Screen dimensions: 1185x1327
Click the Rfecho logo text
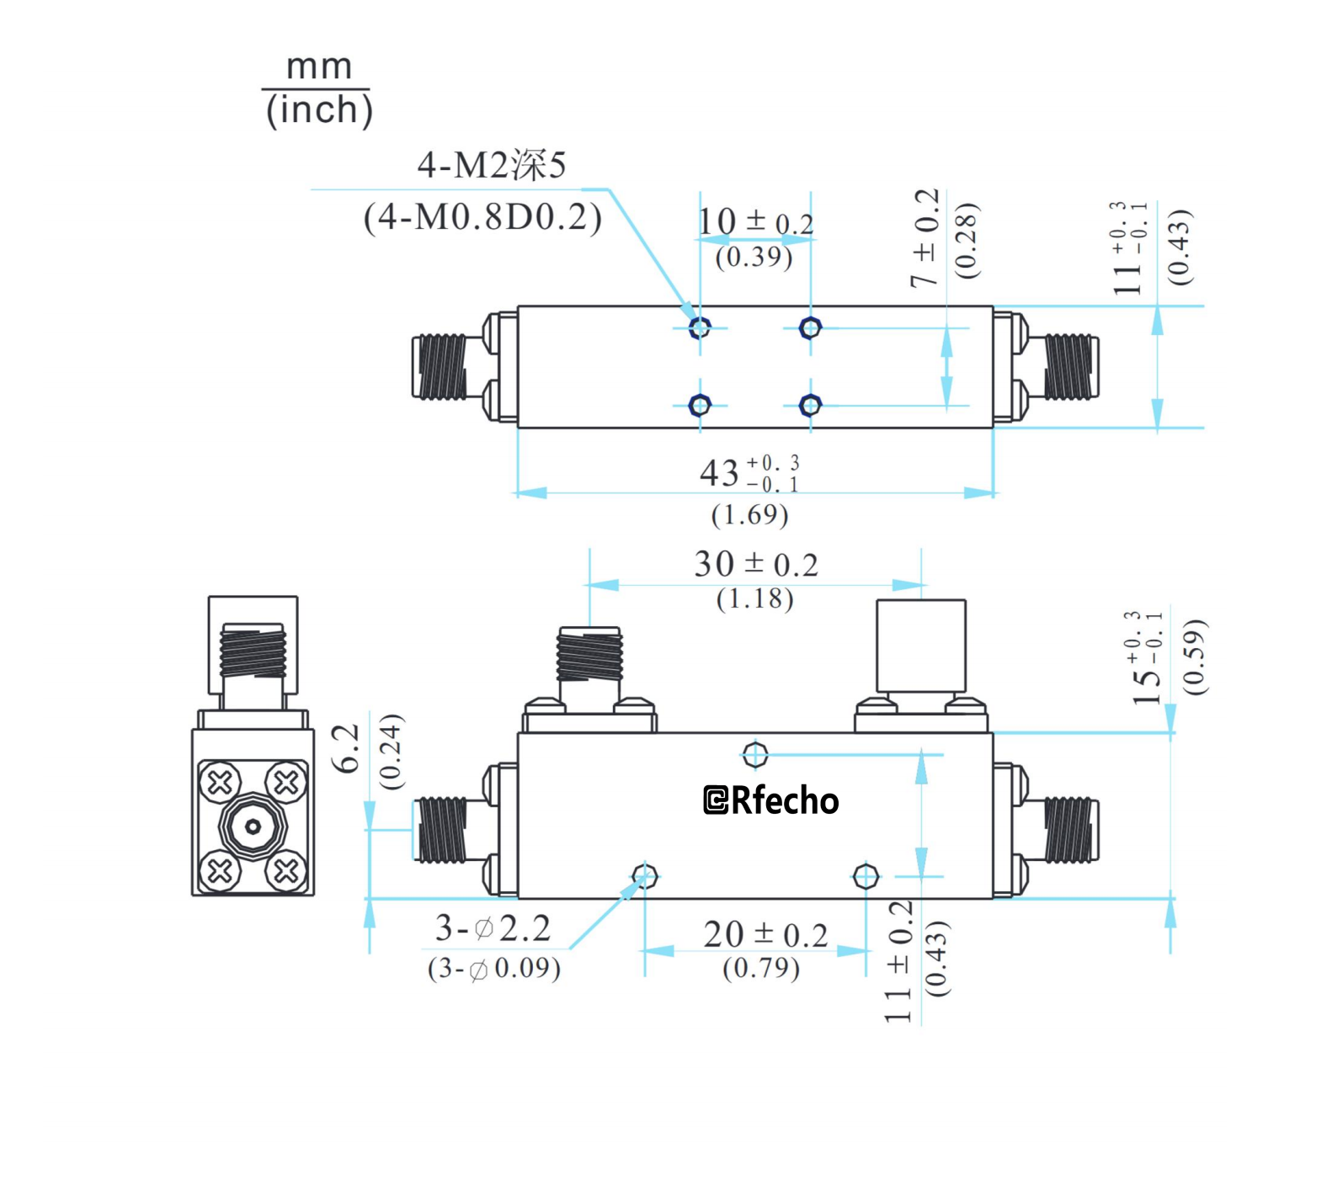click(x=771, y=800)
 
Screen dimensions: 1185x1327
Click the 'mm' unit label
click(x=318, y=66)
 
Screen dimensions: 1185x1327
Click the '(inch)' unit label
click(x=318, y=109)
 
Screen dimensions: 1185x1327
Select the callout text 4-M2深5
click(x=492, y=165)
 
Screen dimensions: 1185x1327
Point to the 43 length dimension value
click(x=719, y=474)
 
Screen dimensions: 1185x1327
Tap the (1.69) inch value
click(x=749, y=514)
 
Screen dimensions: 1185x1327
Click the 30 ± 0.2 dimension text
click(x=755, y=564)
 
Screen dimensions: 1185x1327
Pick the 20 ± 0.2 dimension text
click(x=765, y=935)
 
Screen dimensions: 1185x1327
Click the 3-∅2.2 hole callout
click(x=493, y=928)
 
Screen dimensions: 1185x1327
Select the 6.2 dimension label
click(x=346, y=748)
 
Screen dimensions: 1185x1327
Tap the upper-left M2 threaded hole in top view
click(x=700, y=327)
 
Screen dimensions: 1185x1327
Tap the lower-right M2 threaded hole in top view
click(x=810, y=406)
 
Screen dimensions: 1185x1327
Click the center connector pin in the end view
click(x=253, y=827)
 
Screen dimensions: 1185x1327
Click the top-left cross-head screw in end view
click(x=221, y=783)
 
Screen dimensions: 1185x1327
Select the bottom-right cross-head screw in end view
click(x=285, y=870)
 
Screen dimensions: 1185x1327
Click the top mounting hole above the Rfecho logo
click(x=755, y=754)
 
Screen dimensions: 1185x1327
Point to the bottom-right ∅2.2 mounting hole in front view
click(x=866, y=876)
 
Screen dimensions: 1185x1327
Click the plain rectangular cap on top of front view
click(x=920, y=646)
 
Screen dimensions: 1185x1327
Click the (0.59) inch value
click(x=1194, y=656)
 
